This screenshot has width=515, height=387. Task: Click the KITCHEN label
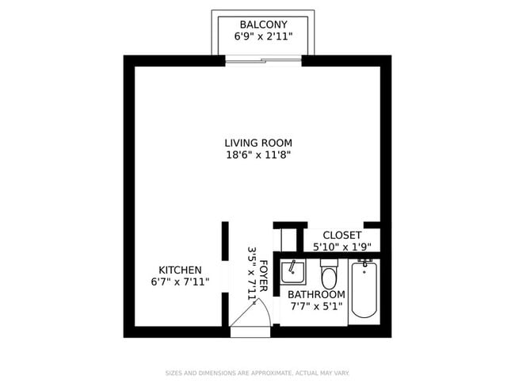(x=180, y=270)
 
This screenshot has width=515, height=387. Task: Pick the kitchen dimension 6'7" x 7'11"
(x=180, y=282)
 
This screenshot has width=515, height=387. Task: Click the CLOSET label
(x=341, y=236)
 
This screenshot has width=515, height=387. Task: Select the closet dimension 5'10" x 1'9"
(x=341, y=247)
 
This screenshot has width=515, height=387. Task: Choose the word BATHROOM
(x=316, y=294)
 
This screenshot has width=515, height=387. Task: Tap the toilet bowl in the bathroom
(x=330, y=279)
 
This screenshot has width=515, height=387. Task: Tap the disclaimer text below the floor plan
(x=257, y=373)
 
